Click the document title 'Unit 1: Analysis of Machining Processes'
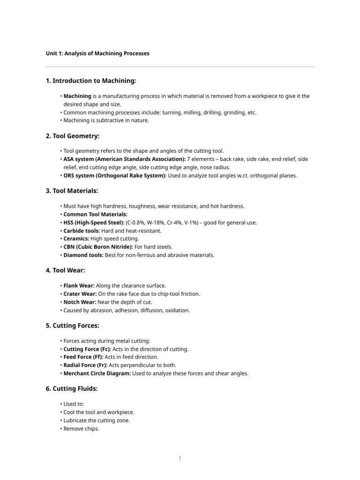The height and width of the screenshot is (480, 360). point(97,53)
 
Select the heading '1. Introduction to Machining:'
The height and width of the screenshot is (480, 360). point(91,81)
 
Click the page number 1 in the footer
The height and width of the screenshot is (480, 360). point(180,458)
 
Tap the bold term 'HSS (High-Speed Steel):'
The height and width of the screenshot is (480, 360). point(94,223)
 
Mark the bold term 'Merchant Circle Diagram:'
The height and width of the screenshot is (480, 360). point(97,374)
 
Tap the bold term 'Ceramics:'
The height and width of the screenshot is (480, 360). point(76,239)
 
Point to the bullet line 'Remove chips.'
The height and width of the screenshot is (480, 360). point(82,428)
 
